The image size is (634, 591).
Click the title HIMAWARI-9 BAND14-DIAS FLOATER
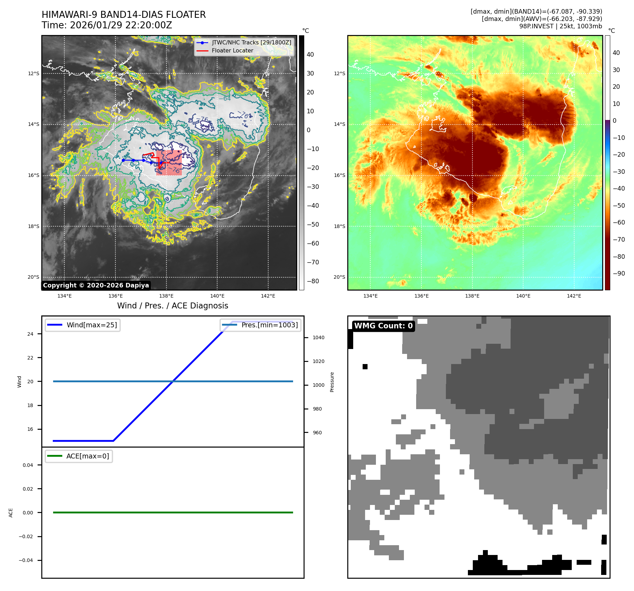coord(123,15)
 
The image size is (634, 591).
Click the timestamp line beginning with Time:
coord(107,25)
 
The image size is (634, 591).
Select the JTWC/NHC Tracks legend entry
coord(251,42)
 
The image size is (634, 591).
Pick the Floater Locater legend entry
coord(232,50)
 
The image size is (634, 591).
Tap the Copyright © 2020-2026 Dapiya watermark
coord(96,285)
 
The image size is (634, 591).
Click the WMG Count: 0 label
coord(383,326)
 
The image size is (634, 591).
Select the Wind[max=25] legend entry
coord(92,325)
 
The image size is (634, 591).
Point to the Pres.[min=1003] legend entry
coord(269,325)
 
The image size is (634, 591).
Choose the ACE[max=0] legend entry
coord(87,456)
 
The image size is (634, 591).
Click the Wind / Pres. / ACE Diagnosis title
coord(172,306)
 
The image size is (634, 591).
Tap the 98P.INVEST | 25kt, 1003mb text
coord(560,26)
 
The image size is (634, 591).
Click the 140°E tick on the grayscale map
coord(217,296)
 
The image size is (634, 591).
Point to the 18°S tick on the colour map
coord(339,226)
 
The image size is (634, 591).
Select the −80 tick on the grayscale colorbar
coord(313,281)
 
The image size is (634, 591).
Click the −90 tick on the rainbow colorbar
coord(619,273)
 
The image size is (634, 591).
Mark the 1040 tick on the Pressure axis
coord(318,337)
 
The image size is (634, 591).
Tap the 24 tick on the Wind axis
coord(30,334)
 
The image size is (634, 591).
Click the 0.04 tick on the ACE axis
coord(28,465)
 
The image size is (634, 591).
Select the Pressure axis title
coord(332,382)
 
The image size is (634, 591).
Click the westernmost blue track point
coord(123,160)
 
